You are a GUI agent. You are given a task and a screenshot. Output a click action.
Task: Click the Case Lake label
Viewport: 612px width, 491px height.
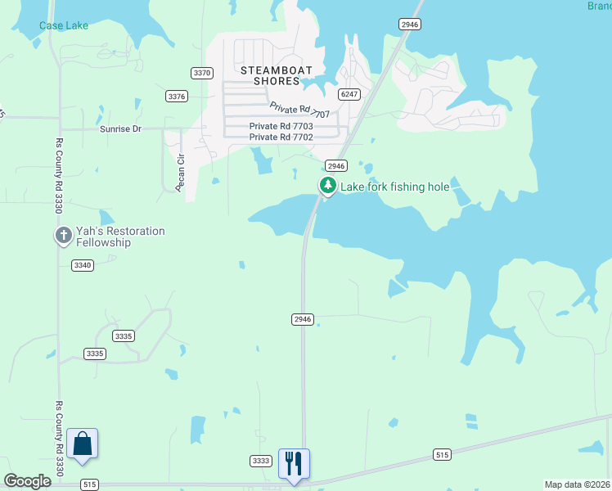coord(64,25)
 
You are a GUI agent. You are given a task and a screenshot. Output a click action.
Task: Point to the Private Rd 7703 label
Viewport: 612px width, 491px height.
coord(281,126)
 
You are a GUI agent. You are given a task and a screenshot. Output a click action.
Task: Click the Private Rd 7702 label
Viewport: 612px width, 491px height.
coord(281,137)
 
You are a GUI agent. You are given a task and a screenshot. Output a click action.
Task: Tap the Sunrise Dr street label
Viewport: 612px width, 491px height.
coord(120,129)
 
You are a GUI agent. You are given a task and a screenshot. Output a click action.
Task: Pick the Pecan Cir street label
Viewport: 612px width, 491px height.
coord(182,169)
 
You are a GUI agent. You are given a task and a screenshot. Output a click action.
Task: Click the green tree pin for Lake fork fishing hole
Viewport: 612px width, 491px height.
coord(327,186)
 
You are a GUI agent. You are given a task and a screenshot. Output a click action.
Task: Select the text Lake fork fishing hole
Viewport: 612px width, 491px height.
coord(394,187)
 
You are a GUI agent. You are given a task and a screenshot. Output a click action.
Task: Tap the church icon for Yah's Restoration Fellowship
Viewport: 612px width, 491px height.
coord(63,236)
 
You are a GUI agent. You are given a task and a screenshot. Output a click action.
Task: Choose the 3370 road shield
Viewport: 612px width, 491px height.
coord(202,73)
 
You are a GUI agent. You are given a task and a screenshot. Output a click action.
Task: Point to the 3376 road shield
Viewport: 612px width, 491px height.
coord(177,96)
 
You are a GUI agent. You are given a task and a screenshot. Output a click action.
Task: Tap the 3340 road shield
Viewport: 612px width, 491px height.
coord(83,264)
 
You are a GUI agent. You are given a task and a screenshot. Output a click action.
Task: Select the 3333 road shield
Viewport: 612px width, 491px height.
coord(261,461)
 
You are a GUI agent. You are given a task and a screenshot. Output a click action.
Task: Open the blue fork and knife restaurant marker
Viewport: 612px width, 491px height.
coord(293,463)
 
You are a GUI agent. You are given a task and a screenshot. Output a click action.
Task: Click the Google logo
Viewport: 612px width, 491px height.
coord(27,481)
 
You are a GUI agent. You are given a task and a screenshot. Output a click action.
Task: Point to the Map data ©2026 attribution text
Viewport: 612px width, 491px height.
coord(577,484)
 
